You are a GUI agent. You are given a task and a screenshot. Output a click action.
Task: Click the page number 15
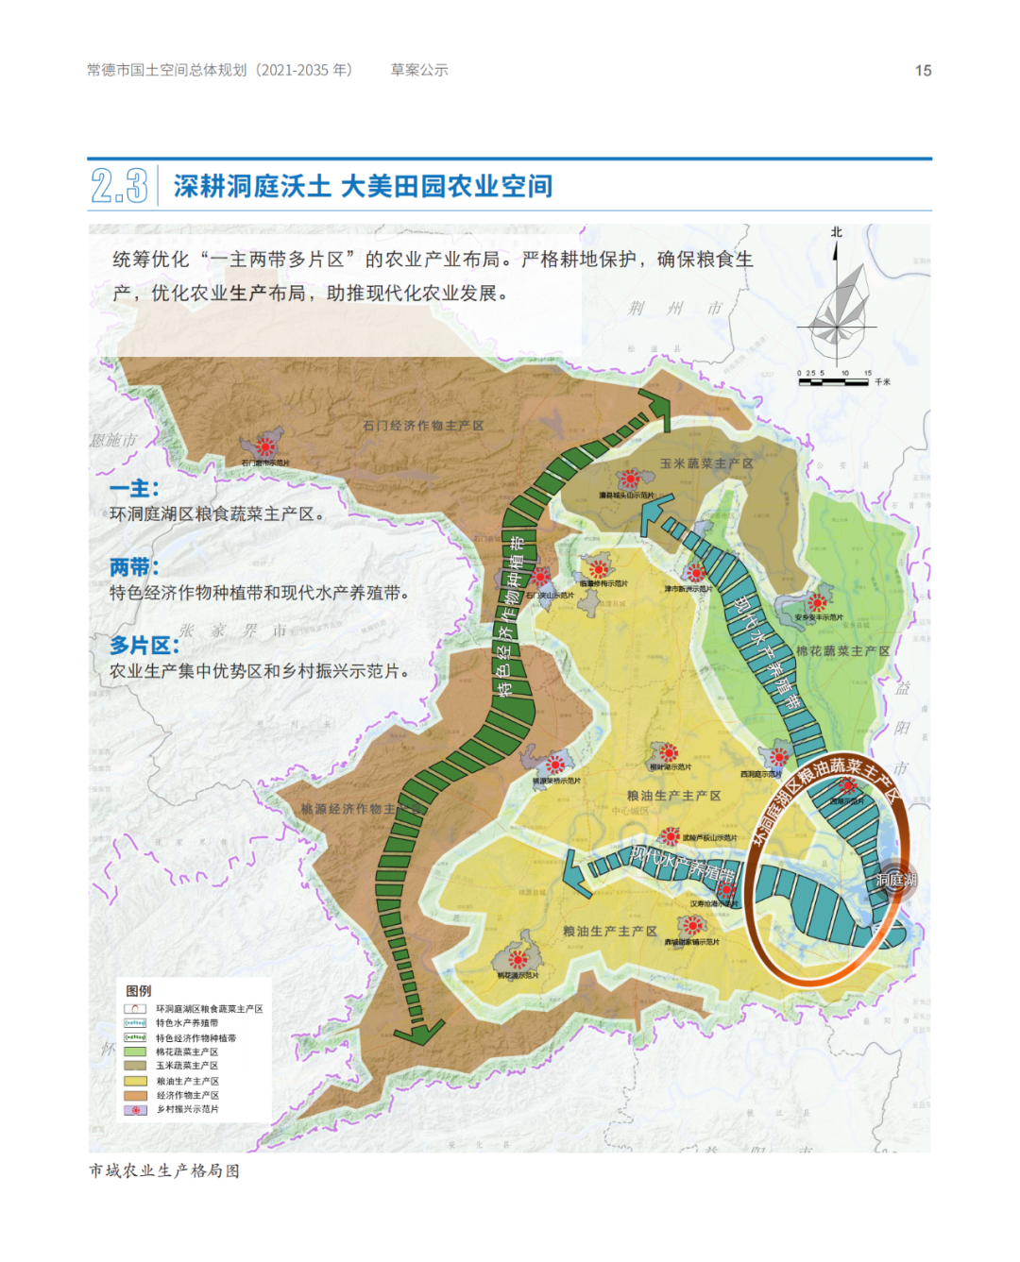pyautogui.click(x=923, y=71)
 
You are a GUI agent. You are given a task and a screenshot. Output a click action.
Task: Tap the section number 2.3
pyautogui.click(x=119, y=186)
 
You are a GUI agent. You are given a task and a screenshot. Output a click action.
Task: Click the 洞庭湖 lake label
pyautogui.click(x=895, y=880)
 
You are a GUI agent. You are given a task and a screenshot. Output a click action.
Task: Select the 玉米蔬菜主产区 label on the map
pyautogui.click(x=706, y=463)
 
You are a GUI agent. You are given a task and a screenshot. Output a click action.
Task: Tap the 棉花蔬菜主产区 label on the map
pyautogui.click(x=842, y=650)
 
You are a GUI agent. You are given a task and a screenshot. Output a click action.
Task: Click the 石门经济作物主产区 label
pyautogui.click(x=423, y=426)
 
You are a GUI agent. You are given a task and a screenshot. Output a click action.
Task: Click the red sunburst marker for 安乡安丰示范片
pyautogui.click(x=817, y=602)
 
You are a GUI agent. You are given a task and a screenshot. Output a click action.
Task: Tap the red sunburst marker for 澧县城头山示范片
pyautogui.click(x=630, y=480)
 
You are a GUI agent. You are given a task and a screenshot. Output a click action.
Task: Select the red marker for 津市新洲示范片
pyautogui.click(x=696, y=572)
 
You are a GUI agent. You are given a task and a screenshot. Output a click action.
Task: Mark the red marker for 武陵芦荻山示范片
pyautogui.click(x=670, y=836)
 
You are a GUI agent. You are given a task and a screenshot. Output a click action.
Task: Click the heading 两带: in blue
pyautogui.click(x=134, y=567)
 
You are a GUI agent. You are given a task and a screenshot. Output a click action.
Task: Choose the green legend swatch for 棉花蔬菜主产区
pyautogui.click(x=135, y=1052)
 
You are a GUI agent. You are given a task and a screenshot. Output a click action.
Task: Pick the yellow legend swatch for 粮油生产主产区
pyautogui.click(x=135, y=1081)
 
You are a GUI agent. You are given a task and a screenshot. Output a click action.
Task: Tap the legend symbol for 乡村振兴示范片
pyautogui.click(x=135, y=1110)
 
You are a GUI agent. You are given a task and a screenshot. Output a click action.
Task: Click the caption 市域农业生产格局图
pyautogui.click(x=164, y=1170)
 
